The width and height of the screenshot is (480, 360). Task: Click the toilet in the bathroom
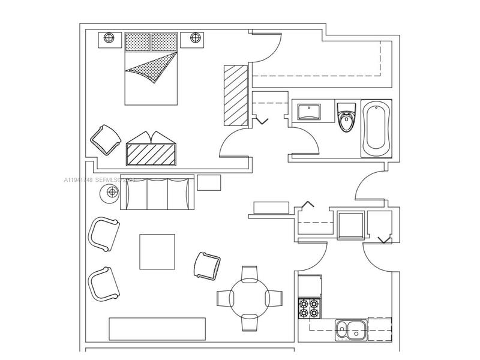[x=346, y=117]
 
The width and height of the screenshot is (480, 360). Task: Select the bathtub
[x=376, y=128]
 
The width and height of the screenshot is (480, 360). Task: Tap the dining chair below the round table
[x=249, y=323]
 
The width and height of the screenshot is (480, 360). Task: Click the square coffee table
[x=157, y=251]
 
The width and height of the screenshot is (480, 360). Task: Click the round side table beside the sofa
[x=112, y=193]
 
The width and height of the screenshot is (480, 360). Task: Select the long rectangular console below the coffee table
[x=157, y=329]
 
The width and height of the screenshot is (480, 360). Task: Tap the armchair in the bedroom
[x=106, y=139]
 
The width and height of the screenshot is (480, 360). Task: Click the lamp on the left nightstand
[x=109, y=38]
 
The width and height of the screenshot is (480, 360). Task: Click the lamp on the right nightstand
[x=196, y=38]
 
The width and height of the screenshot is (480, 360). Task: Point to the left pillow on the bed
[x=138, y=41]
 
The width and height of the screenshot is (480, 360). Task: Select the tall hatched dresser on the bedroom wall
[x=236, y=95]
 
